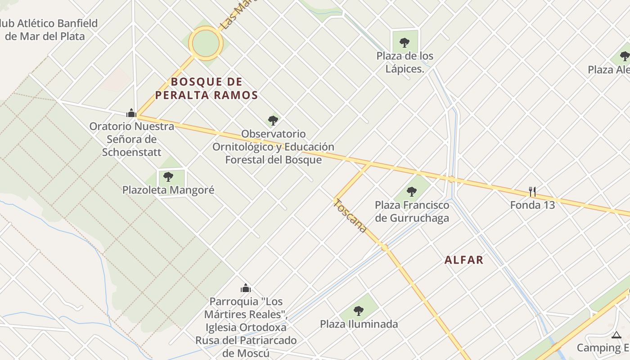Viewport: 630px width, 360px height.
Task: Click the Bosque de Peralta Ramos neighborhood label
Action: tap(207, 89)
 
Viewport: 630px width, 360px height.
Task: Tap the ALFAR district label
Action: tap(464, 260)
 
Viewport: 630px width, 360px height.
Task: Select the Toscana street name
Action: tap(350, 216)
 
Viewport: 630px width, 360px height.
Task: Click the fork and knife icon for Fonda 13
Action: tap(532, 192)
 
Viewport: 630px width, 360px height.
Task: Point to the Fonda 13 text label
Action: tap(532, 205)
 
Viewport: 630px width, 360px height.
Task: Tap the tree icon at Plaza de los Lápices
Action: tap(405, 43)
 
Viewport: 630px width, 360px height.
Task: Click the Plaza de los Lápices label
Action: tap(405, 63)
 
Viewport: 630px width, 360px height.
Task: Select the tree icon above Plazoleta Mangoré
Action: tap(168, 177)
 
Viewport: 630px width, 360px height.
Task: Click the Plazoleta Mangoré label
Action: tap(168, 190)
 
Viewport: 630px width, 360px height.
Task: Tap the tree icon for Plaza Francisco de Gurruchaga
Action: tap(411, 192)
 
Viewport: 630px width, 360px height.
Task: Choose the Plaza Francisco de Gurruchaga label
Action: tap(412, 211)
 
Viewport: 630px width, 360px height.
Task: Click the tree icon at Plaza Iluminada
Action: tap(358, 310)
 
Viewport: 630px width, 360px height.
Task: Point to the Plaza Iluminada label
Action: tap(359, 324)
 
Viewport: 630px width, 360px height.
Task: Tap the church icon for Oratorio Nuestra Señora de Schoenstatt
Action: tap(131, 113)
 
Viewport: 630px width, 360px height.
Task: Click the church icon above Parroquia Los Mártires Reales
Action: tap(246, 288)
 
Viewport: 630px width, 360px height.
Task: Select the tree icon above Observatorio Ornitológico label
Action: tap(273, 120)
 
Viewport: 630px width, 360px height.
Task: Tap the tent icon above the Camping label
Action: tap(616, 335)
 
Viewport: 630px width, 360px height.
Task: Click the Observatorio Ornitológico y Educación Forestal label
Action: tap(273, 147)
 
